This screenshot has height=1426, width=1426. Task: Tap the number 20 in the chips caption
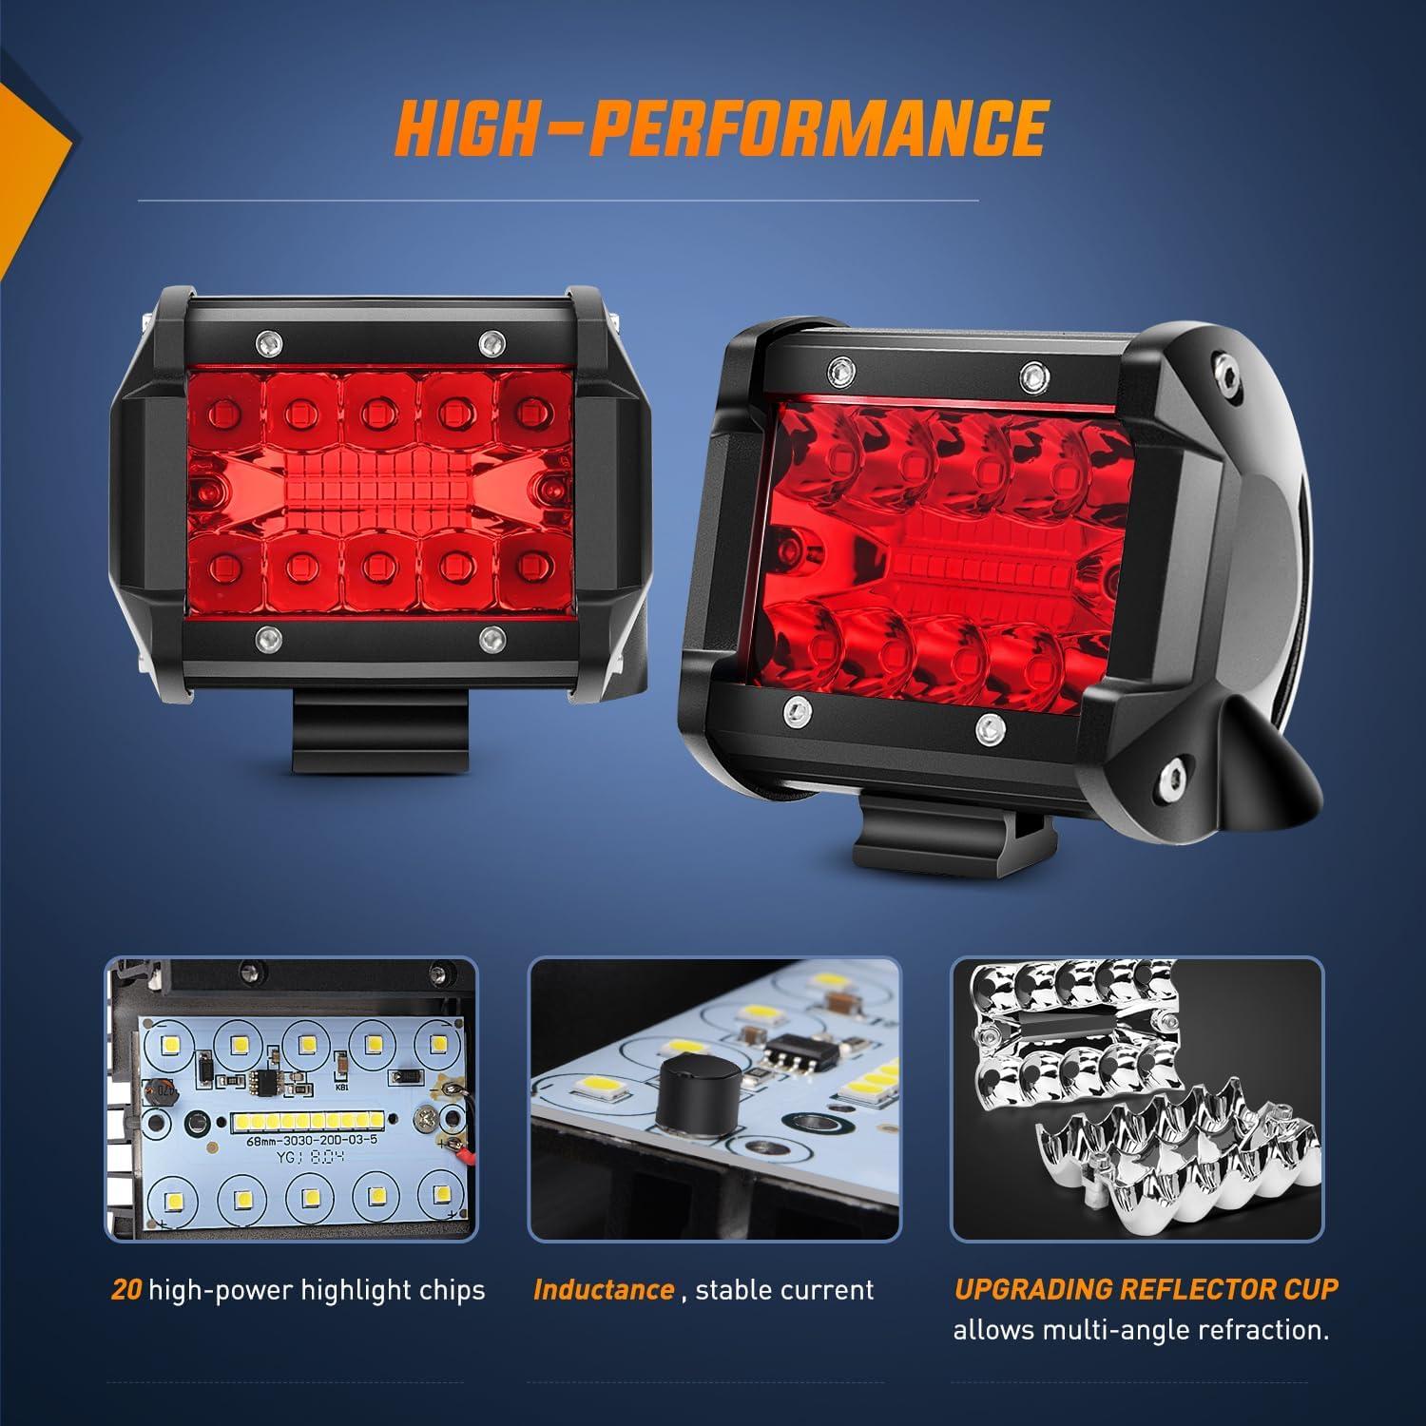click(126, 1290)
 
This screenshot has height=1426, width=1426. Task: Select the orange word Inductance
click(604, 1290)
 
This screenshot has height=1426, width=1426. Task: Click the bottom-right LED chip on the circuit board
click(438, 1194)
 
